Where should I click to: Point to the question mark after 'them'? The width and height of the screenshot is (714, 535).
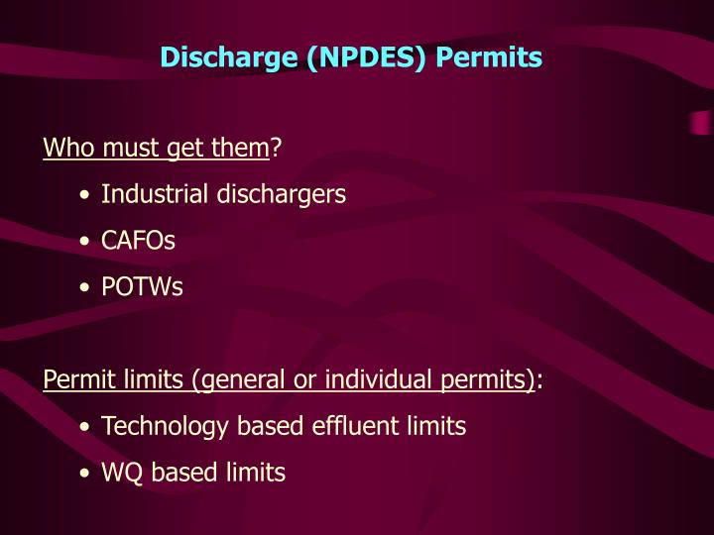pos(277,149)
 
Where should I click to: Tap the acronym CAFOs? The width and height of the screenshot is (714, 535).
pos(138,241)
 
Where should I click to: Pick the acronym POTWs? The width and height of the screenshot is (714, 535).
pos(142,287)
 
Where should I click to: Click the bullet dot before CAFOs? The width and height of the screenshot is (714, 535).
pos(88,242)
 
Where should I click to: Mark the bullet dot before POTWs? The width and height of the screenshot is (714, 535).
pos(88,288)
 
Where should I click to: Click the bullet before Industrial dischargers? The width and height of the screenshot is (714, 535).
pos(88,195)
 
